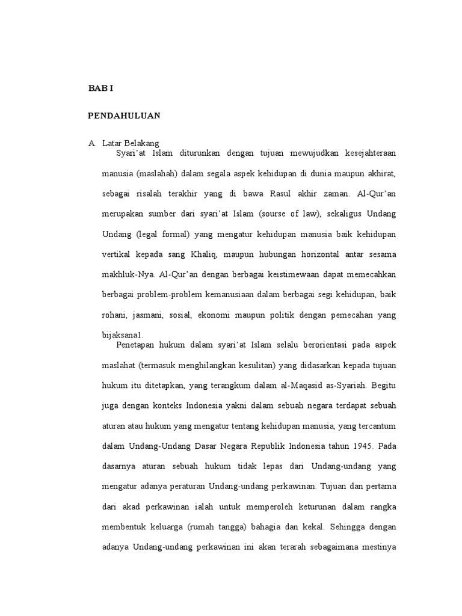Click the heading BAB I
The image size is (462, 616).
(x=100, y=88)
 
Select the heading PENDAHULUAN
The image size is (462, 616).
(x=124, y=115)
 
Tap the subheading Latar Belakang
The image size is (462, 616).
(x=131, y=143)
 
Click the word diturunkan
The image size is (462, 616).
(x=202, y=153)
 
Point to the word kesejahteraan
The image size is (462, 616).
(x=367, y=153)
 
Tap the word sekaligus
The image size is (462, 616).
(x=343, y=214)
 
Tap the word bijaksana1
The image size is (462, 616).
(x=123, y=335)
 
